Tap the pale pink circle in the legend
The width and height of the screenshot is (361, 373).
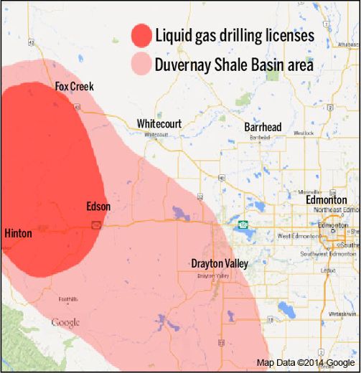[141, 65]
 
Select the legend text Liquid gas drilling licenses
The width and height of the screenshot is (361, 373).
[235, 34]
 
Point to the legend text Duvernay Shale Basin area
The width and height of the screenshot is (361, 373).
[235, 65]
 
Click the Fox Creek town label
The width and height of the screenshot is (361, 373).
[74, 87]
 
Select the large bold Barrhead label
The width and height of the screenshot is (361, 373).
[262, 127]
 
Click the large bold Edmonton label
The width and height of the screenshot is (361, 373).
[327, 200]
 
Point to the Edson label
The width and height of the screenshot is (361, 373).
[98, 207]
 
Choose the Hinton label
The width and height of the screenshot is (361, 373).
[18, 233]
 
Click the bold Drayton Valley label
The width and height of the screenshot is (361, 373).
[220, 264]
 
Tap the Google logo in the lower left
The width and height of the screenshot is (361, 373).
[65, 322]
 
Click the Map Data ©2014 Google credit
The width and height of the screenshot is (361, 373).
[306, 363]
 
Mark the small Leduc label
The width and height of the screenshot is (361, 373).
[328, 270]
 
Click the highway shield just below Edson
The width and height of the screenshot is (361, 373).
[94, 225]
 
